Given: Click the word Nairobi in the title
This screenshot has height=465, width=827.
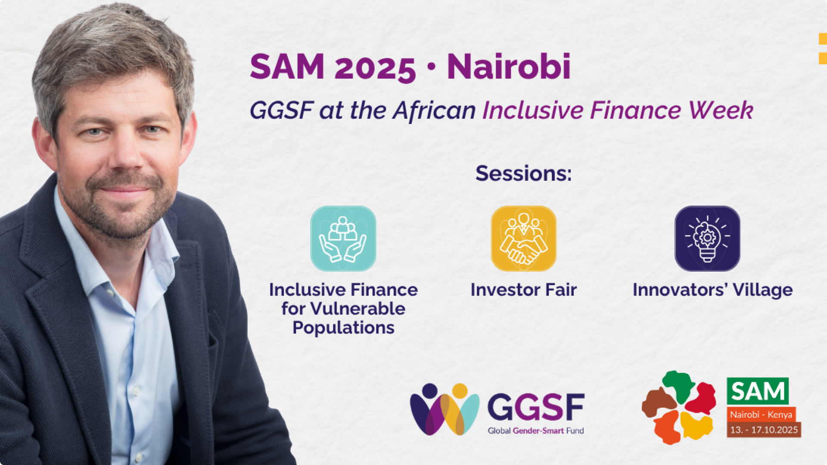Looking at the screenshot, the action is [x=509, y=67].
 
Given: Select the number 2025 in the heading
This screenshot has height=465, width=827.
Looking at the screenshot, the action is [x=375, y=68].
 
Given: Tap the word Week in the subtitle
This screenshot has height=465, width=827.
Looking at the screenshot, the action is [x=721, y=110].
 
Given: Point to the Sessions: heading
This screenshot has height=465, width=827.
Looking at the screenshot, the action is [x=523, y=173].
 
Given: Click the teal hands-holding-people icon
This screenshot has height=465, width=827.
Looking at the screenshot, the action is [x=343, y=239].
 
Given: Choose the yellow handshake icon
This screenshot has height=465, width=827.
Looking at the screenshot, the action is [x=524, y=239].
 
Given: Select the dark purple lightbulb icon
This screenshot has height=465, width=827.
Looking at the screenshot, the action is [x=707, y=239].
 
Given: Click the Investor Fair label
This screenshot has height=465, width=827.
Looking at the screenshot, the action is [x=523, y=290].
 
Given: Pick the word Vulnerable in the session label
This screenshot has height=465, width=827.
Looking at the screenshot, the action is [x=358, y=309].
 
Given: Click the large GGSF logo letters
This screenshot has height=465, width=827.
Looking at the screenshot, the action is [x=536, y=407].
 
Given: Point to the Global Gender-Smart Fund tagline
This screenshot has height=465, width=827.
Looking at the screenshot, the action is [x=536, y=431].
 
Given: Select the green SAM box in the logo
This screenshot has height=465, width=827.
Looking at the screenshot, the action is [x=758, y=391].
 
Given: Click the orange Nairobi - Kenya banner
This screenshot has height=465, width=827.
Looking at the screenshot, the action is [x=761, y=414].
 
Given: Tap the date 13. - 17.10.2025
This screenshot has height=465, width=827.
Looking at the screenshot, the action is [x=764, y=430].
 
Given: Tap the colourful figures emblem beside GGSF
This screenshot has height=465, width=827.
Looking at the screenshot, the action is [x=445, y=409].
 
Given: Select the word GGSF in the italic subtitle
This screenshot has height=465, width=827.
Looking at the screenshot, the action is [x=282, y=110].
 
